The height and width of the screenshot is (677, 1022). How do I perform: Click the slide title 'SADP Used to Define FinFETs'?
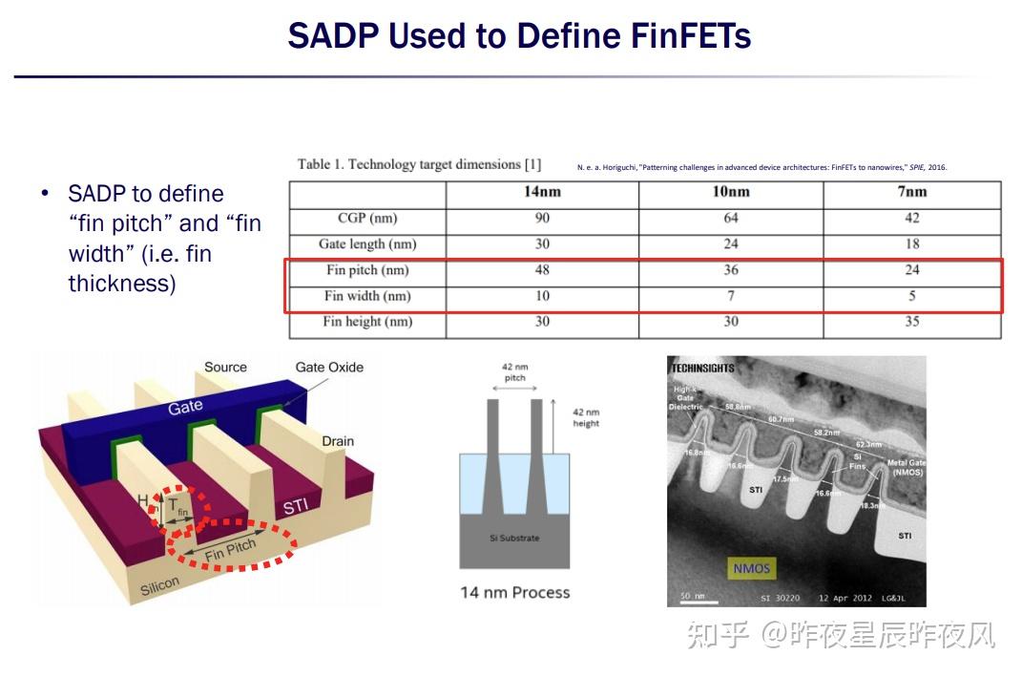519,36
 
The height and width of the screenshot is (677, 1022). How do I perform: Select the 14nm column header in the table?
542,192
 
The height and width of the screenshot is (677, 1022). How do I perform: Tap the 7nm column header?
912,192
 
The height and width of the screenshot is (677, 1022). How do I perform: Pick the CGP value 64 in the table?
731,218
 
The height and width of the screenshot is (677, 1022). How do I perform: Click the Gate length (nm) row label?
367,244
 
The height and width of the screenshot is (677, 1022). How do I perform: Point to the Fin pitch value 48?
542,270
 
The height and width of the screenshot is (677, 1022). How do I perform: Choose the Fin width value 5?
912,296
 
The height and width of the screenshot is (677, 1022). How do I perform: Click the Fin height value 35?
912,322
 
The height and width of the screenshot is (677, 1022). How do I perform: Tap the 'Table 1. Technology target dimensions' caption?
419,164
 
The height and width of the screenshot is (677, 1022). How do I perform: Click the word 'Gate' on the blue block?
185,407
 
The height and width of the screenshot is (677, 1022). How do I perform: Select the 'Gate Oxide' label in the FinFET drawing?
329,368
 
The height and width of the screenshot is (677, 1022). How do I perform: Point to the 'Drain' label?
338,441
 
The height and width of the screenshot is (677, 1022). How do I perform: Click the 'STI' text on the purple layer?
295,505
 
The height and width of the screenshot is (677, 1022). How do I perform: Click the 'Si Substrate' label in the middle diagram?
514,538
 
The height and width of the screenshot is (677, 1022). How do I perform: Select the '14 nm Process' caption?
514,593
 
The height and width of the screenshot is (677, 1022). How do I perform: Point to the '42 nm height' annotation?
586,417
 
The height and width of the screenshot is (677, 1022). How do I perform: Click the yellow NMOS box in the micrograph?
752,568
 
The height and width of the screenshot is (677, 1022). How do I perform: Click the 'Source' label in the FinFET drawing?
225,368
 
